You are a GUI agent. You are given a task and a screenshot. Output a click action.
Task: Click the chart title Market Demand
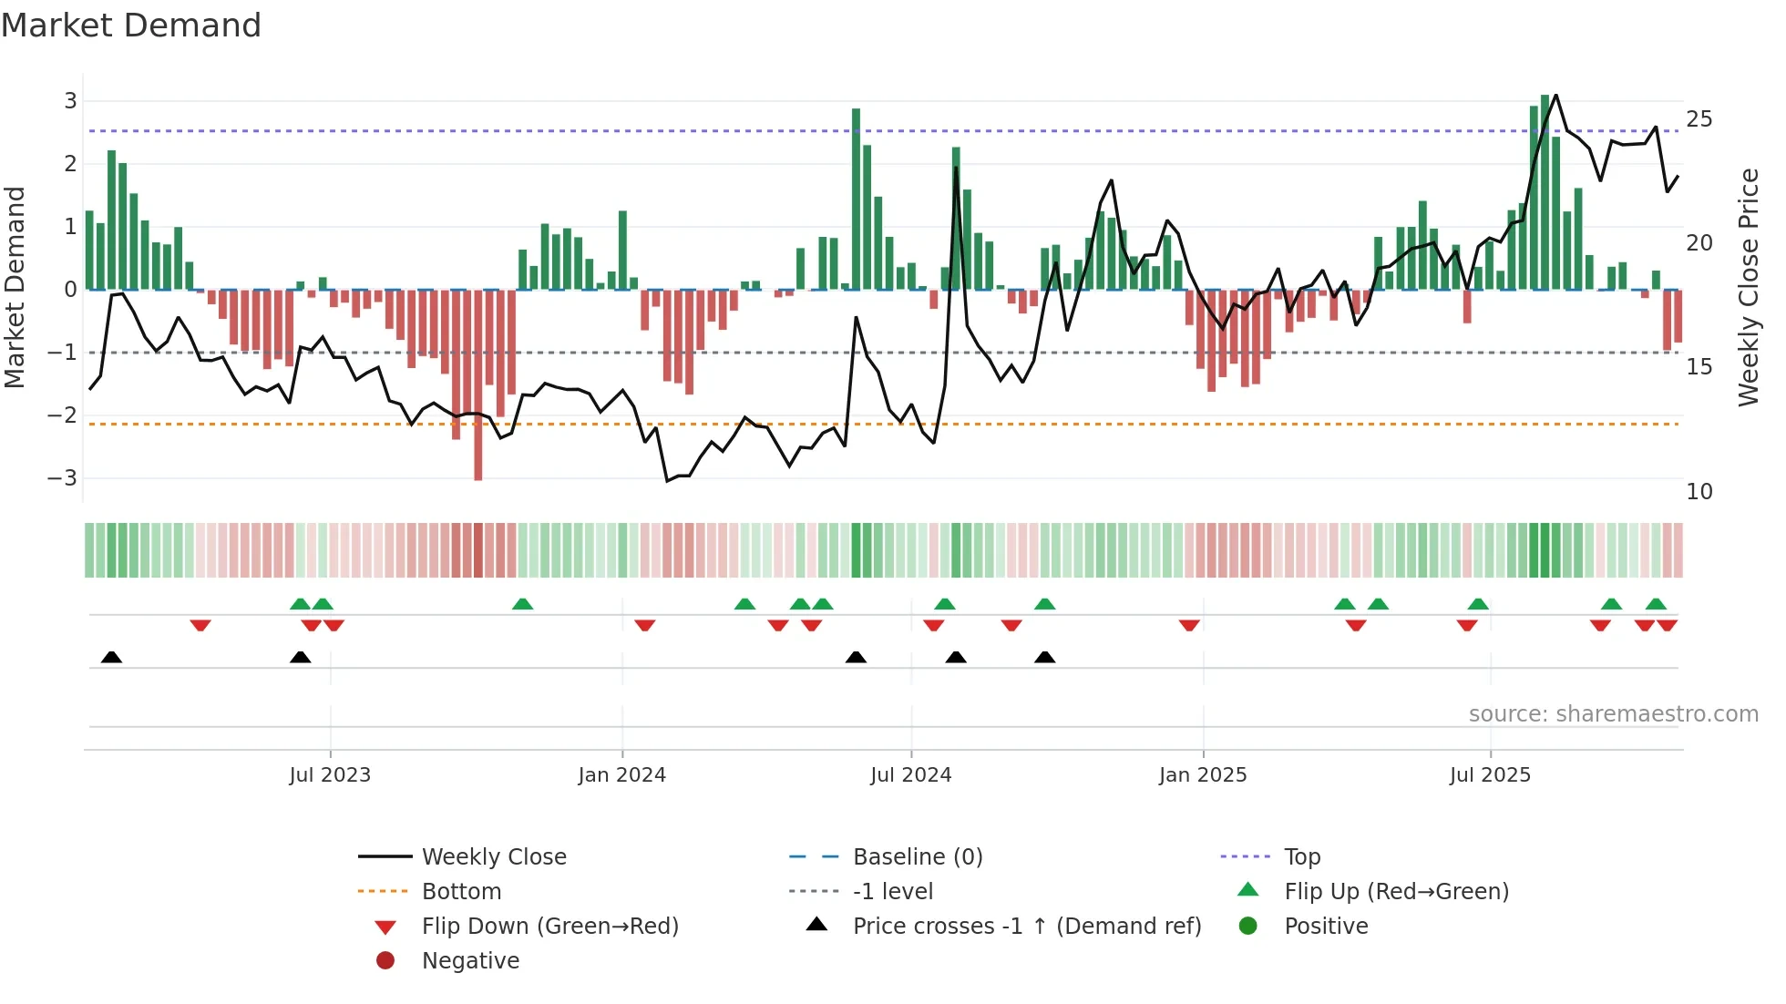tap(131, 26)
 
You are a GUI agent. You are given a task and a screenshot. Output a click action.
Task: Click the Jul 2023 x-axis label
tap(330, 775)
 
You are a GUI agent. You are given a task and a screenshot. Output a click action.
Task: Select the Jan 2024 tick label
tap(621, 775)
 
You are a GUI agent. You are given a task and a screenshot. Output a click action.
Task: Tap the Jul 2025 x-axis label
tap(1490, 775)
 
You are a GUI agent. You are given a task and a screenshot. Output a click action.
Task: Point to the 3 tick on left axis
tap(70, 101)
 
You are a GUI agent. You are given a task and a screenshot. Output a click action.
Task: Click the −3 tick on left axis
tap(64, 478)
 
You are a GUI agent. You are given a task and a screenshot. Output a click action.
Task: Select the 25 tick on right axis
tap(1699, 119)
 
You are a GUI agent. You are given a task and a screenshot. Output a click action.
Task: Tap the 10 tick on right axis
tap(1699, 492)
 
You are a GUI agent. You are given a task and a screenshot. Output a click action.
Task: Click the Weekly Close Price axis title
tap(1748, 287)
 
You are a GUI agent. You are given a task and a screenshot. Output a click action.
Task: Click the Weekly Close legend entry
tap(493, 857)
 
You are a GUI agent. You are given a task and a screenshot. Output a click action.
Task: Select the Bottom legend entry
tap(461, 892)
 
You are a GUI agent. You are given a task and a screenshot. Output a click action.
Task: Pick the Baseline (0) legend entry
tap(917, 857)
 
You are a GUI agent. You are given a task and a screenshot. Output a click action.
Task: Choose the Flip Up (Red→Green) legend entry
tap(1396, 892)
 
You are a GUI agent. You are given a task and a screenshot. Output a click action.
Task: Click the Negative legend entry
tap(470, 961)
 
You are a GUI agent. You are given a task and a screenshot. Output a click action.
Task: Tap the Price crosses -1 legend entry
tap(1026, 927)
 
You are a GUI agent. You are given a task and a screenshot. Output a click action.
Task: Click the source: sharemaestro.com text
tap(1613, 714)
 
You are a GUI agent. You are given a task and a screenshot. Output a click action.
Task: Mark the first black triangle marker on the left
tap(111, 657)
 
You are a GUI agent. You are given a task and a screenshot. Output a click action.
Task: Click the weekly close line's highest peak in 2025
tap(1555, 95)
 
